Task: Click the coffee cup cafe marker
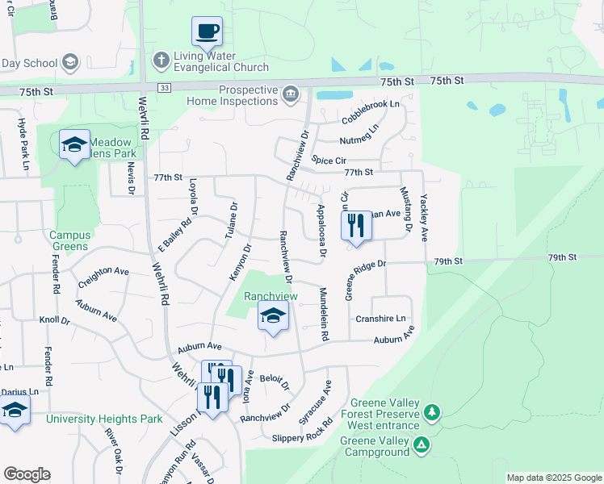(207, 32)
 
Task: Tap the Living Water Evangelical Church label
(211, 61)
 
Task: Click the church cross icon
(161, 60)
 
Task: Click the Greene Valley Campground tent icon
(421, 444)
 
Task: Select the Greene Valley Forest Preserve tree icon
(433, 413)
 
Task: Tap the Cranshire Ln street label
(380, 319)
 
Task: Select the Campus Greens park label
(70, 241)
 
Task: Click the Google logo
(27, 474)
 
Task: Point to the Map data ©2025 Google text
(554, 478)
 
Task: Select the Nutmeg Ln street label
(359, 135)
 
